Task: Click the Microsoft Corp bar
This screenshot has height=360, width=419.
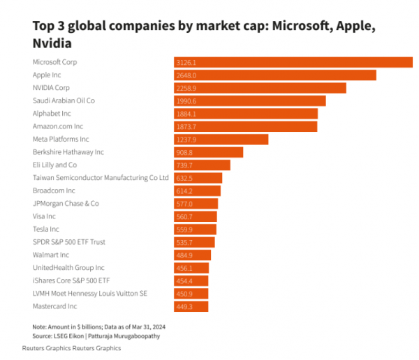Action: coord(293,62)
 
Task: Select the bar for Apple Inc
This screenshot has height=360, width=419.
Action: coord(275,75)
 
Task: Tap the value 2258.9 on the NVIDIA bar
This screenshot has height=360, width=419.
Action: coord(186,88)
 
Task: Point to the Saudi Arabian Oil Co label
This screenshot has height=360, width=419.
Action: coord(64,100)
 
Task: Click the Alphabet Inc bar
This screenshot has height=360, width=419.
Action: coord(246,114)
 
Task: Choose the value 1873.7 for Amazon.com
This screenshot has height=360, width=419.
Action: coord(186,126)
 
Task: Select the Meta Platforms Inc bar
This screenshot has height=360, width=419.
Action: coord(221,140)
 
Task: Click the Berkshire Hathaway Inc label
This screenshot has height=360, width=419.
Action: coord(68,152)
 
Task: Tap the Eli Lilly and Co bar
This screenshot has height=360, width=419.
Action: coord(202,165)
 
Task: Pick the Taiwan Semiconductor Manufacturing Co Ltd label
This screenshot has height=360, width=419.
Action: coord(101,178)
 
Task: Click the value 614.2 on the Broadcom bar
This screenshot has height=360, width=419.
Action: coord(184,191)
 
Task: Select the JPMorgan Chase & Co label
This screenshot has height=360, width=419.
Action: coord(66,204)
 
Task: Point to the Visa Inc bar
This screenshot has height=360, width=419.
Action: coord(196,216)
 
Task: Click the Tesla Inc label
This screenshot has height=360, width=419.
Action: coord(46,229)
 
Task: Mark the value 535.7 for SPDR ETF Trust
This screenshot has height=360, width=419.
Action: coord(184,243)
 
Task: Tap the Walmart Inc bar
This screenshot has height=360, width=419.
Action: coord(193,255)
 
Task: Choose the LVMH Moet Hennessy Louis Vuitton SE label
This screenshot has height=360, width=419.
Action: coord(90,294)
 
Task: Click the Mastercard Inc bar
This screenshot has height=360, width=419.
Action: coord(191,306)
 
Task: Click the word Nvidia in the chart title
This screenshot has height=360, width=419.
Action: coord(52,43)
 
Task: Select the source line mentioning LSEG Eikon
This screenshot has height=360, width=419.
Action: coord(96,336)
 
